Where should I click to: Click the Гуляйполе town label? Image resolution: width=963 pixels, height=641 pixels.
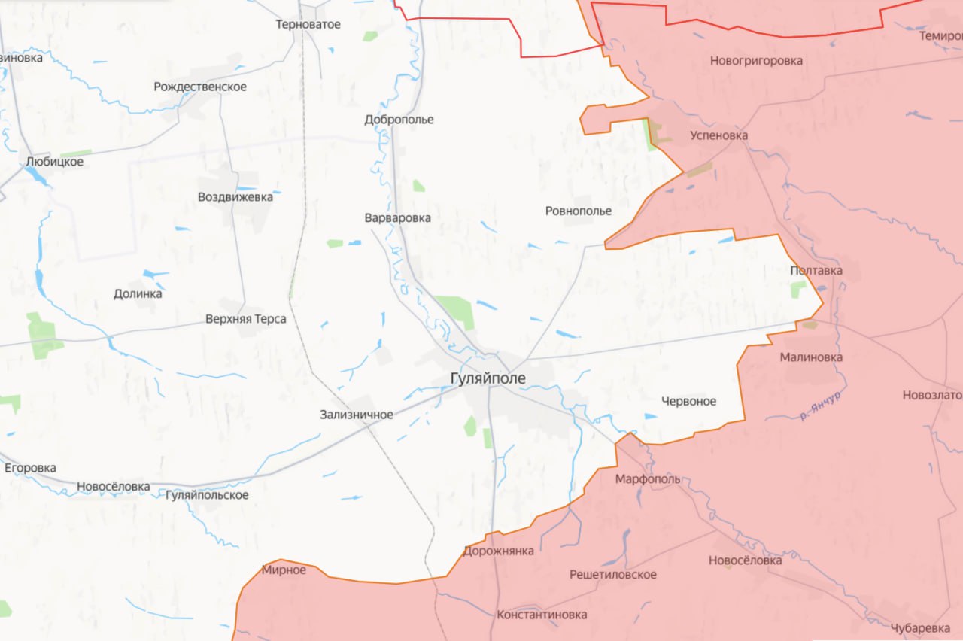click(488, 378)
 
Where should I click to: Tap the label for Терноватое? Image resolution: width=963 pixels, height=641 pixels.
click(308, 24)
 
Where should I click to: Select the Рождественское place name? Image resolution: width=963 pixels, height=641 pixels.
click(200, 87)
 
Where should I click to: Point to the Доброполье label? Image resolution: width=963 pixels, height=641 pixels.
click(399, 120)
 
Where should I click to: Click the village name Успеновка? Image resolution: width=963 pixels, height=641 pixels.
click(718, 135)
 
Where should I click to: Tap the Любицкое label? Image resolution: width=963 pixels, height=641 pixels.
click(54, 161)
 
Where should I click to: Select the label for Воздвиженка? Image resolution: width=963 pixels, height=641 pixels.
click(235, 197)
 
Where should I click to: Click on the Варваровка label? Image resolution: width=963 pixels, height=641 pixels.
click(397, 217)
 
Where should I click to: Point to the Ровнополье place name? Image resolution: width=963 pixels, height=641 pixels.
click(579, 211)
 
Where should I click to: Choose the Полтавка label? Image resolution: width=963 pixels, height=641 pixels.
click(816, 270)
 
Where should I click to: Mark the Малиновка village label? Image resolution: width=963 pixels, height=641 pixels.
click(811, 357)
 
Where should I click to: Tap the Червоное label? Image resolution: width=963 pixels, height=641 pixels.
click(688, 401)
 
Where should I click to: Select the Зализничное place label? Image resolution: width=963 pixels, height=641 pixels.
click(356, 414)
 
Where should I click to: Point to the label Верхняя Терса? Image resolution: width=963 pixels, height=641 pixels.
click(245, 319)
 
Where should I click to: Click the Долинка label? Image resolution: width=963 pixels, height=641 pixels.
click(138, 293)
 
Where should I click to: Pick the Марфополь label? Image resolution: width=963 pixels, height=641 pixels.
click(647, 478)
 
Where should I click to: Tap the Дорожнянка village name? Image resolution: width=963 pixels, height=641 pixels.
click(499, 551)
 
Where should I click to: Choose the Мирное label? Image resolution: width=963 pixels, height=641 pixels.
click(284, 570)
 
